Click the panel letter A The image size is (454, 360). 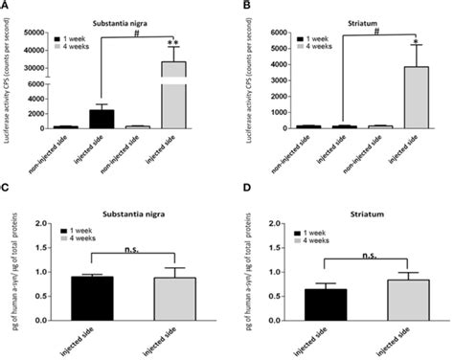pyautogui.click(x=6, y=7)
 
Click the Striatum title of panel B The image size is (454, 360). pyautogui.click(x=352, y=17)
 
